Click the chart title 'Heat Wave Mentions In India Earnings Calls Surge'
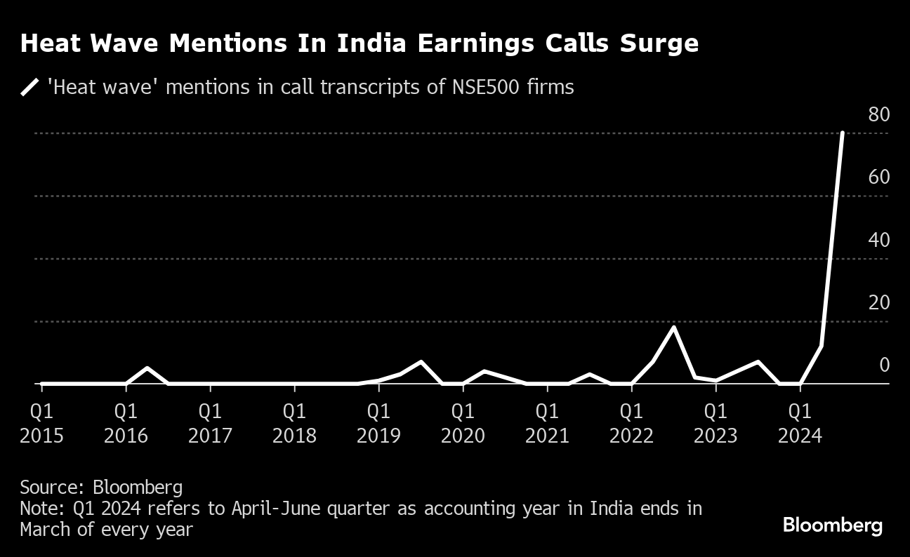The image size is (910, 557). coord(360,43)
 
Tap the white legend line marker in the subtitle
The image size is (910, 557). coord(30,88)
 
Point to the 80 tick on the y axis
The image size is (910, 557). coord(878,114)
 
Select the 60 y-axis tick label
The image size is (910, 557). coord(878,177)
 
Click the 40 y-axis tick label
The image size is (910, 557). coord(878,240)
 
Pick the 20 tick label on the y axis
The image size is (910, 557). coord(878,302)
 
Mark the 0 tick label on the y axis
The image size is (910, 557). coord(884,365)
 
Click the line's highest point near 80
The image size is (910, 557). coord(842,133)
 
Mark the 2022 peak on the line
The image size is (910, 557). coord(673,328)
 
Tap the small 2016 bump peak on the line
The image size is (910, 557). coord(147,368)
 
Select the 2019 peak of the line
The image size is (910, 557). coord(421,362)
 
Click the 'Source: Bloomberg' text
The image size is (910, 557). coord(101,488)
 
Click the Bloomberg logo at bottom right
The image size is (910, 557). coord(832,525)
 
